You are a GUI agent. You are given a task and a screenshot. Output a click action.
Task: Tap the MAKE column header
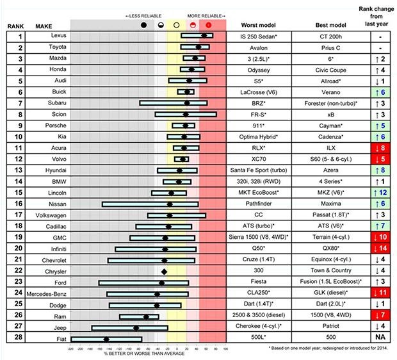point(44,26)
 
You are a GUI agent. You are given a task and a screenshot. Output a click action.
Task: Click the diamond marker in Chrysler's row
point(164,271)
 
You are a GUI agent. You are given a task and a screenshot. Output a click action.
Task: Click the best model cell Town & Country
point(330,271)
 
